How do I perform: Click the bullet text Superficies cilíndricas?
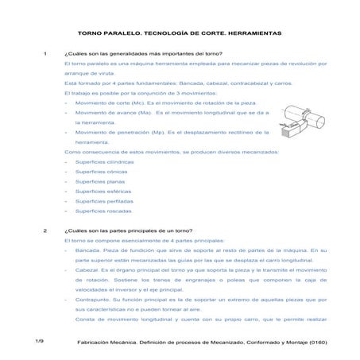(104, 161)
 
